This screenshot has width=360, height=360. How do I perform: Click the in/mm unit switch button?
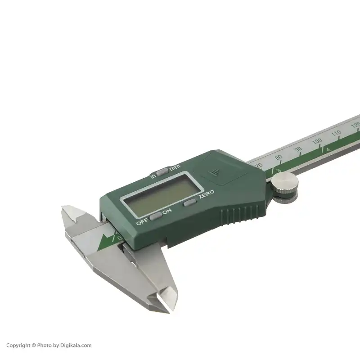[162, 170]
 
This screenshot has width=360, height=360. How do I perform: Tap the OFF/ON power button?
[156, 217]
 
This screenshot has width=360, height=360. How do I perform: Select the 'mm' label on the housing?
[175, 167]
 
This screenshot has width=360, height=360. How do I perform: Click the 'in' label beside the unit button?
[153, 176]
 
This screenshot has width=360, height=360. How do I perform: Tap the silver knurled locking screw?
[284, 184]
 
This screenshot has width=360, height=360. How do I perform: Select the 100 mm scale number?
[317, 141]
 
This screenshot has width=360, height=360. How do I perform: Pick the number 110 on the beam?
[336, 133]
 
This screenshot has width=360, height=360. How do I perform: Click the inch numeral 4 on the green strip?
[328, 149]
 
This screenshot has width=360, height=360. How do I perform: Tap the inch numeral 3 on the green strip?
[279, 170]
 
